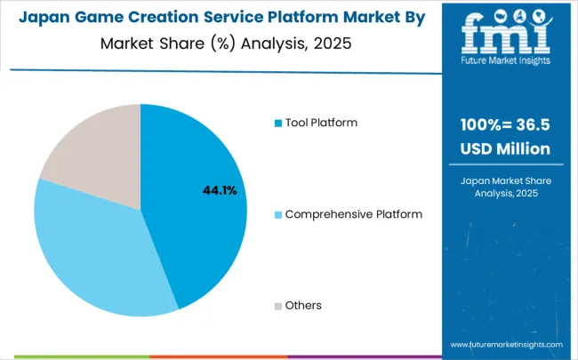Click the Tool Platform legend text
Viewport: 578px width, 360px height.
[321, 122]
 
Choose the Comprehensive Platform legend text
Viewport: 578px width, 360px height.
[354, 214]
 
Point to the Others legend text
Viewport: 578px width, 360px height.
[303, 306]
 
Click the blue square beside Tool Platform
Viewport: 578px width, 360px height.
[277, 123]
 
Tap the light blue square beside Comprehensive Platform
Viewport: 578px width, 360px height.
[277, 214]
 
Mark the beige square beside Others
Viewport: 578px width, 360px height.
[277, 306]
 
